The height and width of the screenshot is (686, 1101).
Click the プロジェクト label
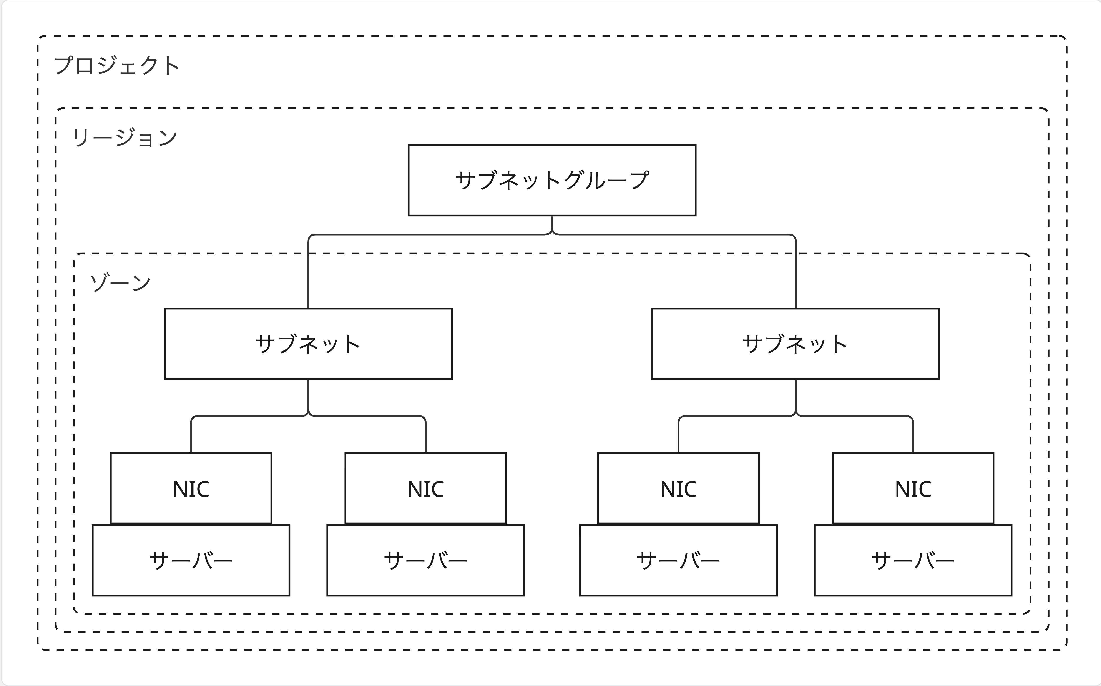pyautogui.click(x=117, y=65)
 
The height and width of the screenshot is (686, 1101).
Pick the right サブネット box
pyautogui.click(x=796, y=344)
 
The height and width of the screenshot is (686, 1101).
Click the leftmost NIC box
pyautogui.click(x=191, y=488)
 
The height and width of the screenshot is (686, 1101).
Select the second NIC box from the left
pyautogui.click(x=425, y=488)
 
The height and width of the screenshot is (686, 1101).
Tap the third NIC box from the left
pyautogui.click(x=678, y=488)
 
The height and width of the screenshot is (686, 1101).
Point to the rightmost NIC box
pyautogui.click(x=913, y=488)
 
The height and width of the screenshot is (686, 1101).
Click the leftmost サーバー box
pyautogui.click(x=191, y=560)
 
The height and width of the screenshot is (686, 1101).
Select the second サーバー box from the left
pyautogui.click(x=425, y=560)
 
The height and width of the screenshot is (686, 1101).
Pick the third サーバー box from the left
pyautogui.click(x=678, y=560)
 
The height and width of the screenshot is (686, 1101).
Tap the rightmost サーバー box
pyautogui.click(x=913, y=560)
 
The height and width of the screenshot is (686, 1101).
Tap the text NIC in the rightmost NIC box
pyautogui.click(x=913, y=489)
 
